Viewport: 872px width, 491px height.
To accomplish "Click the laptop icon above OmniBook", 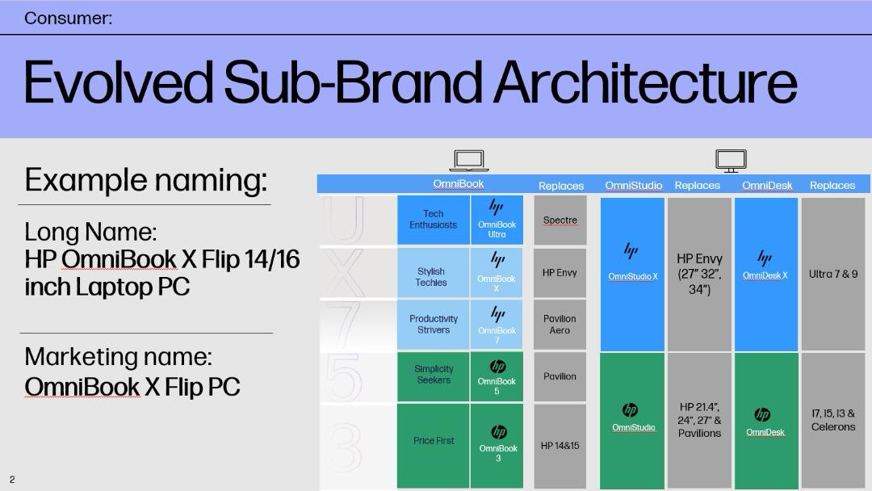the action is point(469,161).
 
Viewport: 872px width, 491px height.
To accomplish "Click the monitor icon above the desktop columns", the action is point(731,161).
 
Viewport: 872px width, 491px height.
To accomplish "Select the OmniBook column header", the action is point(459,184).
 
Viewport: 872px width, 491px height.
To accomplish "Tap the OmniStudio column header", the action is point(634,185).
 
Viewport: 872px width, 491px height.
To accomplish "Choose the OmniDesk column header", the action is point(767,185).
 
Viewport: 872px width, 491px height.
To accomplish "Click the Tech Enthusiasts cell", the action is point(434,220).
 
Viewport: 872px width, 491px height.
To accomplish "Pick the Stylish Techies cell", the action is point(434,272).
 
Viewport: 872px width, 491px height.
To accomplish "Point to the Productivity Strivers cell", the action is point(434,325).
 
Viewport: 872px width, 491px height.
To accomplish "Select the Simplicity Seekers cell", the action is point(434,376).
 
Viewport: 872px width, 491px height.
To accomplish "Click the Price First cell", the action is point(434,446).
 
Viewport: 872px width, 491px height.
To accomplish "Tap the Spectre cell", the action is point(560,220).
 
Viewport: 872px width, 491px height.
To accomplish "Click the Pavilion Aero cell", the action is point(560,325).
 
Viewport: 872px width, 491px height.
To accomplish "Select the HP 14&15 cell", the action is point(560,446).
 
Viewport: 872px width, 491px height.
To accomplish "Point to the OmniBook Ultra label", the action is point(497,229).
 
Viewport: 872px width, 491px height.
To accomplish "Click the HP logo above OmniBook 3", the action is point(499,432).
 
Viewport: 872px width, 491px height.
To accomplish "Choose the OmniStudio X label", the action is point(633,276).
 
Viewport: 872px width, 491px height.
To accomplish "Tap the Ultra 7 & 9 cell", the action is point(833,274).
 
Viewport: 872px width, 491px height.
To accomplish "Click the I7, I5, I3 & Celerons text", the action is point(833,420).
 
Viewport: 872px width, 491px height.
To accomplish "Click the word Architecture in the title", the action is point(645,82).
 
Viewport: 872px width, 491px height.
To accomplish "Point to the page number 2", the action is point(12,480).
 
